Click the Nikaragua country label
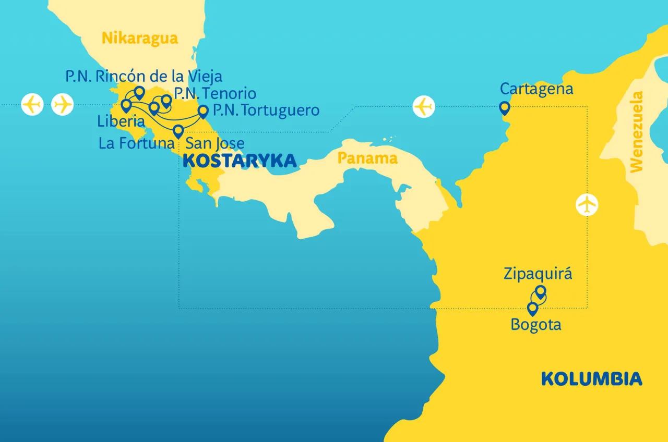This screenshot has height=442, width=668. pos(139,38)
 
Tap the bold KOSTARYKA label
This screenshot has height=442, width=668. pos(240,161)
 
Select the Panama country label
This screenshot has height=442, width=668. pos(367,158)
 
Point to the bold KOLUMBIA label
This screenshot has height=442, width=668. pos(591,378)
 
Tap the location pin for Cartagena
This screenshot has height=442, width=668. pos(504,108)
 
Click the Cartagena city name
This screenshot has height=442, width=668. pos(536,89)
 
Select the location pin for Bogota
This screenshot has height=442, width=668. pos(532,309)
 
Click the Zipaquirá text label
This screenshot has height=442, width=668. pos(538,274)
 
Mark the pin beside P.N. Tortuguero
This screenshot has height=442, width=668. pos(203,111)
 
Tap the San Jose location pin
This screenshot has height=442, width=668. pos(178,130)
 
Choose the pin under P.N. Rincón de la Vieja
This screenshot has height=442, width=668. pos(139,92)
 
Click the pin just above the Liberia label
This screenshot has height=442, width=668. pos(126,106)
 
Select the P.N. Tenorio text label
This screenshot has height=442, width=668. pos(215,93)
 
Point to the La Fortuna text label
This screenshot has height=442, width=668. pos(136,143)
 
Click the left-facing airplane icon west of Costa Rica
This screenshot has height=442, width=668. pos(32,105)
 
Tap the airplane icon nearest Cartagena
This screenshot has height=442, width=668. pos(423,107)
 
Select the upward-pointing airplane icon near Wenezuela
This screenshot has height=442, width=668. pos(587,204)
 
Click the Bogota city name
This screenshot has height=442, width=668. pos(536,325)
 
